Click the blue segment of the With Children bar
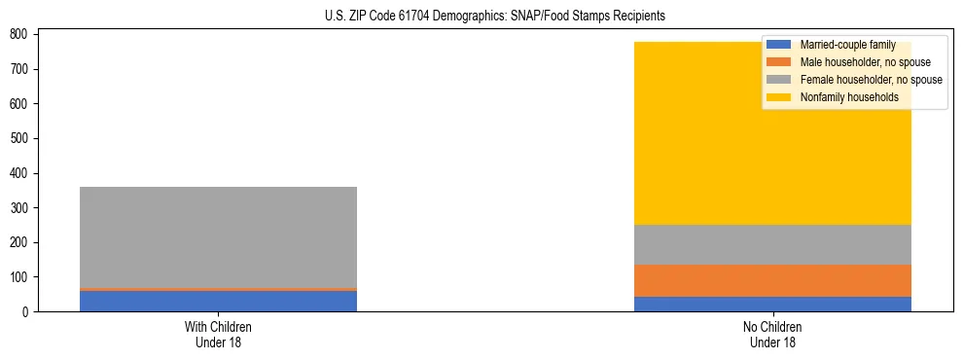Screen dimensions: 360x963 coord(218,301)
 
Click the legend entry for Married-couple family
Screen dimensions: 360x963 coord(847,45)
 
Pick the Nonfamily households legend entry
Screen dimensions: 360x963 coord(849,97)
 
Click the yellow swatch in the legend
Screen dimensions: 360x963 coord(779,97)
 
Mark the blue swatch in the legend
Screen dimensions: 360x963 coord(779,45)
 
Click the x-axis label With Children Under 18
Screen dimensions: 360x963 coord(218,335)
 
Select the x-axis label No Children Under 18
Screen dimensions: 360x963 coord(772,335)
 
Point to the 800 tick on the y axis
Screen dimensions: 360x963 coord(18,34)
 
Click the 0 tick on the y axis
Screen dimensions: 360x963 coord(25,312)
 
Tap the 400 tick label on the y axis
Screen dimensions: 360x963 coord(18,173)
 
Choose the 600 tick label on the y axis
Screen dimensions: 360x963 coord(18,104)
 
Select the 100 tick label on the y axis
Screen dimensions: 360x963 coord(18,277)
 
